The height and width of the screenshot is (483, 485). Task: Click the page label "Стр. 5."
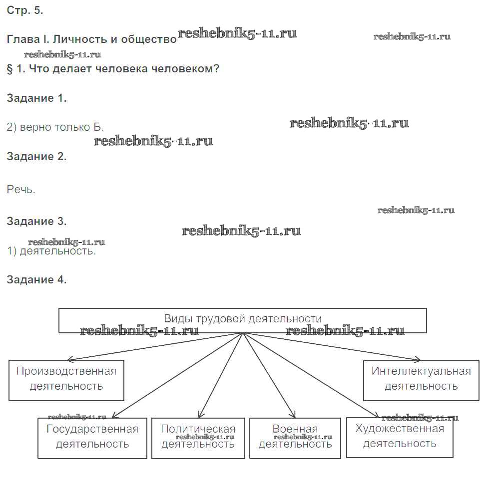tap(24, 11)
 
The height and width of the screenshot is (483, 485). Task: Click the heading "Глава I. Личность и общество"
tap(91, 39)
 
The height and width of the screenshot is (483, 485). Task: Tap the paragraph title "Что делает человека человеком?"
tap(124, 69)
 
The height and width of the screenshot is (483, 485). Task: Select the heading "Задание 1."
tap(36, 98)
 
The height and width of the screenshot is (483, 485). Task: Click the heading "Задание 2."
tap(36, 157)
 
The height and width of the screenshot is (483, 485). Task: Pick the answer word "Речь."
tap(21, 190)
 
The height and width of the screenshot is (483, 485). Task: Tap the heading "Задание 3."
tap(36, 221)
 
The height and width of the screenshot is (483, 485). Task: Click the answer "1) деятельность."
tap(51, 251)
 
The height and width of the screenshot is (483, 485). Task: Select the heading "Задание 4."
tap(36, 280)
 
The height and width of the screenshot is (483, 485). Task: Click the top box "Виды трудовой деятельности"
tap(243, 320)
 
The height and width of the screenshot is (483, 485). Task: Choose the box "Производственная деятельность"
tap(66, 379)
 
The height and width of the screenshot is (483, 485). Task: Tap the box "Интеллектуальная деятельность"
tap(421, 379)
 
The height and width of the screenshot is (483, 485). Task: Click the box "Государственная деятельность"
tap(92, 437)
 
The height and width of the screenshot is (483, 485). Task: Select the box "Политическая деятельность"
tap(198, 437)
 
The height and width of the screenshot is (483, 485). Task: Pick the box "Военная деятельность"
tap(295, 437)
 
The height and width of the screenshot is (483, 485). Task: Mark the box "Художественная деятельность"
tap(400, 436)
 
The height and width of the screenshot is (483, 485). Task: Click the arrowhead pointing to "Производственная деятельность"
tap(70, 359)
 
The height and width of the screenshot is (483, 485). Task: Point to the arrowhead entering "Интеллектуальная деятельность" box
tap(419, 359)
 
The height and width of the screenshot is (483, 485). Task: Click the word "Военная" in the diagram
tap(295, 429)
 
